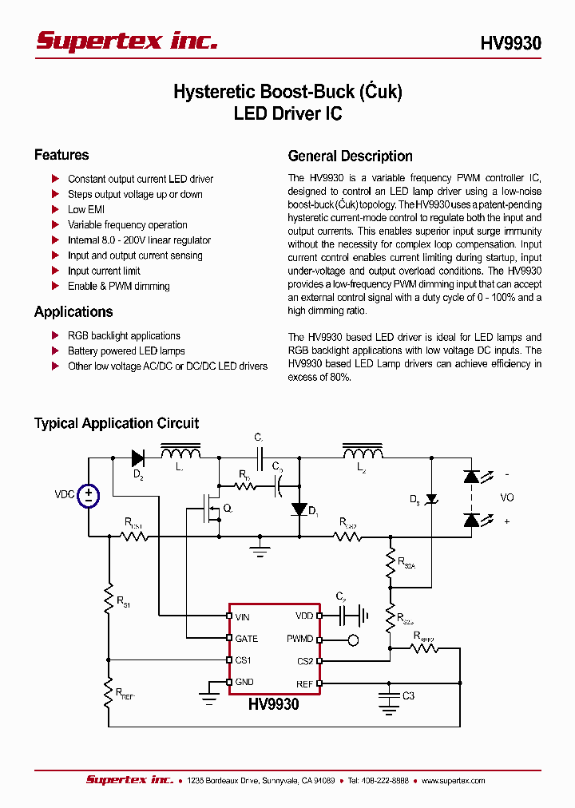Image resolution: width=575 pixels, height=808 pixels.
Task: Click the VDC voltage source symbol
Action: point(88,495)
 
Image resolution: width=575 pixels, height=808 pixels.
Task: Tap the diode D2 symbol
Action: point(138,458)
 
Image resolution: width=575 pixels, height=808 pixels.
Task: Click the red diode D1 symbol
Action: point(299,509)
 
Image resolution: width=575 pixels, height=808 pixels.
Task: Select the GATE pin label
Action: point(247,639)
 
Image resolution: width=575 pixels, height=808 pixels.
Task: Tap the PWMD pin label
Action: point(300,639)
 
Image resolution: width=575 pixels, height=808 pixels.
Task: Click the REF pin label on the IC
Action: point(305,683)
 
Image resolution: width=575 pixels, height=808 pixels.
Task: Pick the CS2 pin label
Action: point(305,661)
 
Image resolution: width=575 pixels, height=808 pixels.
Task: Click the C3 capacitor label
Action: point(408,696)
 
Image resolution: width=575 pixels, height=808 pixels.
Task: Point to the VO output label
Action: point(507,497)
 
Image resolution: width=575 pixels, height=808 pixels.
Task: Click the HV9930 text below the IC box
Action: point(273,705)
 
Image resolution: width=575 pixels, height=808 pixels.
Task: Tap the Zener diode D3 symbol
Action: point(432,499)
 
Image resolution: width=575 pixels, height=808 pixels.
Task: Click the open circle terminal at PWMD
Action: point(353,640)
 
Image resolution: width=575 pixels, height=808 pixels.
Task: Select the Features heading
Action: point(61,155)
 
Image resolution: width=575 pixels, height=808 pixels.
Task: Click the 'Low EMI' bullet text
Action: point(86,210)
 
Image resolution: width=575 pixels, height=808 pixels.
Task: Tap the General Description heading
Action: point(350,156)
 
